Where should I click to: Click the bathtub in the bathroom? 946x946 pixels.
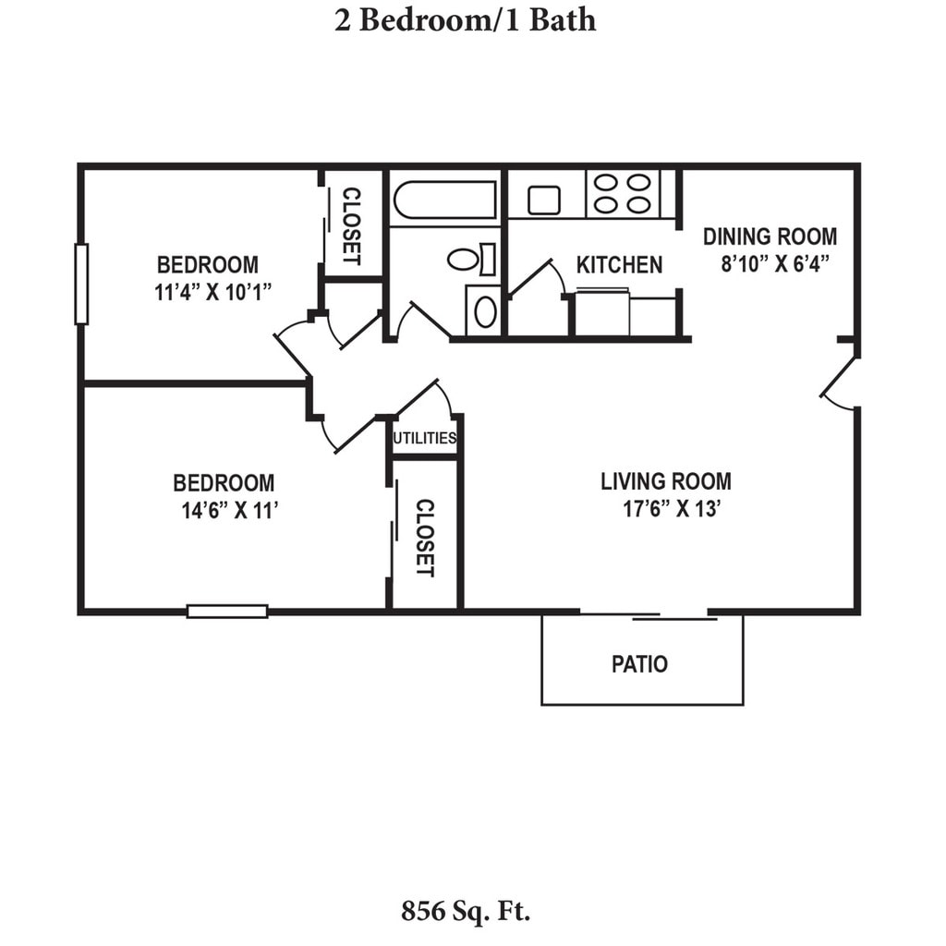click(445, 200)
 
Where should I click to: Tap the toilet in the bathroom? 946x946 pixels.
click(472, 260)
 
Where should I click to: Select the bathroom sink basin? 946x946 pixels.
click(486, 312)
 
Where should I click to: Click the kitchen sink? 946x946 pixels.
click(543, 200)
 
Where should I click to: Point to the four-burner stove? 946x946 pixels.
click(623, 194)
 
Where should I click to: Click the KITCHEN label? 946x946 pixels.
click(619, 265)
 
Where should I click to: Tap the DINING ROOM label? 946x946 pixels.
click(770, 236)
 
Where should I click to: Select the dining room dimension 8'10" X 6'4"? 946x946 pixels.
click(775, 263)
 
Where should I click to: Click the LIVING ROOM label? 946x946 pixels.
click(666, 481)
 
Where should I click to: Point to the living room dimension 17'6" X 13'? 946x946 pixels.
click(673, 509)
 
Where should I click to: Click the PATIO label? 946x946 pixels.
click(639, 664)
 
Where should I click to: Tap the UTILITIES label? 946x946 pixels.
click(424, 438)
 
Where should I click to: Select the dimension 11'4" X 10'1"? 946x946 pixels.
click(213, 292)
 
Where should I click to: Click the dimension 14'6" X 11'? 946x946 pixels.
click(230, 510)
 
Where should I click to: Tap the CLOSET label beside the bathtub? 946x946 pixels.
click(352, 226)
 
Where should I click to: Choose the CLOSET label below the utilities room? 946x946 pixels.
click(425, 538)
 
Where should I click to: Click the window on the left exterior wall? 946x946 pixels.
click(81, 284)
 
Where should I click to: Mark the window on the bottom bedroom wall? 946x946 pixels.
click(227, 612)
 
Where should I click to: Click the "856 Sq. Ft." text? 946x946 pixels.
click(466, 911)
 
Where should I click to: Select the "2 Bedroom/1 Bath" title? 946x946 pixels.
click(466, 20)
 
